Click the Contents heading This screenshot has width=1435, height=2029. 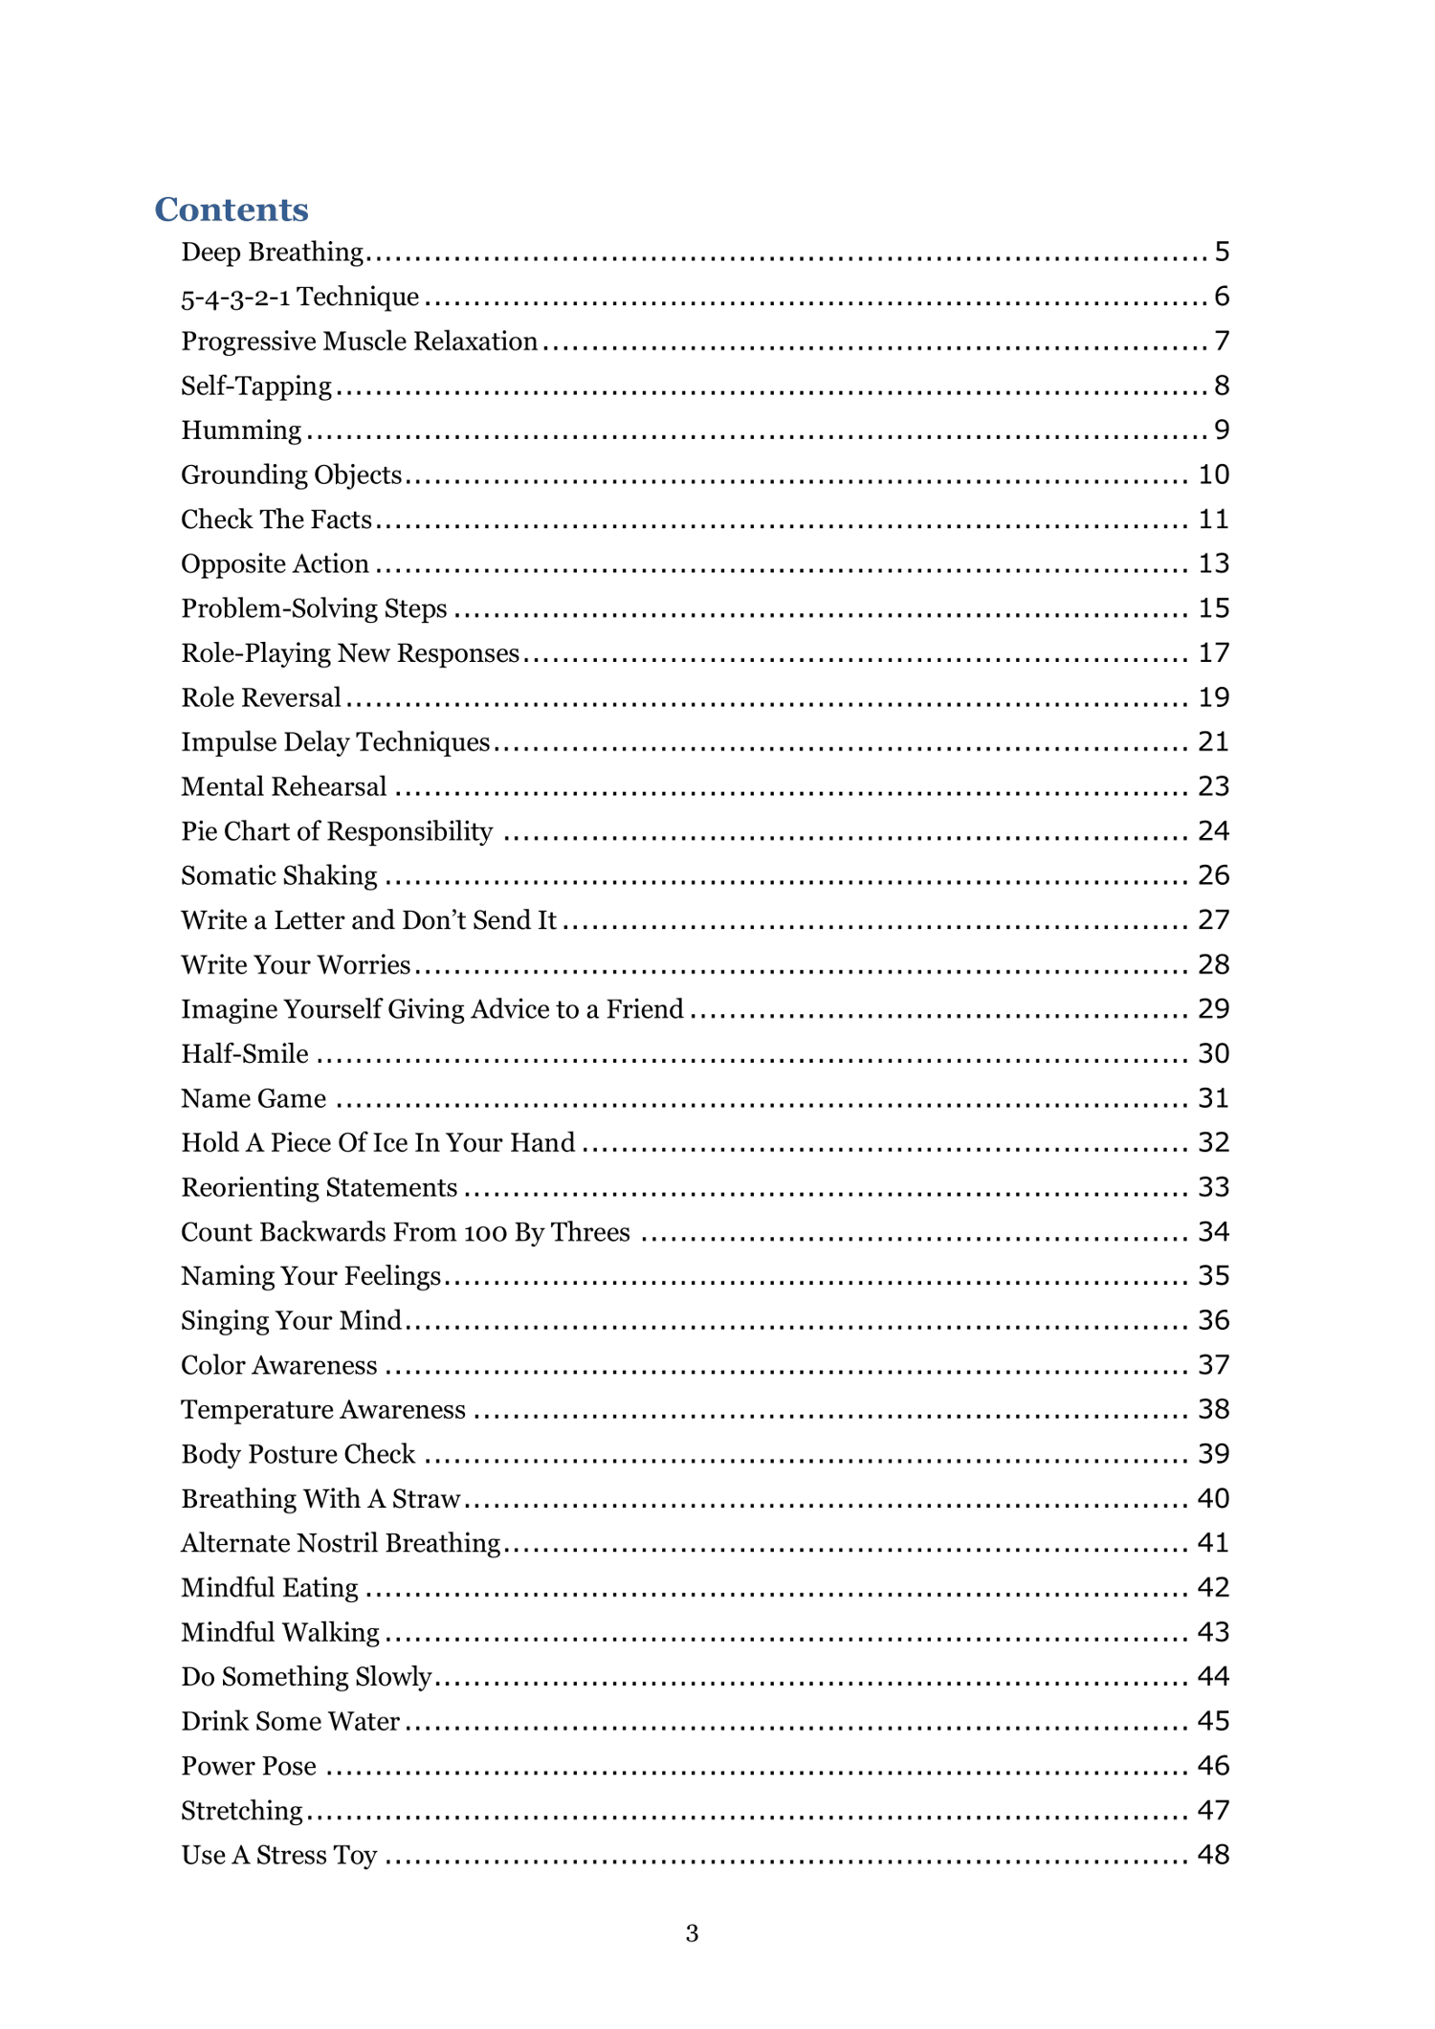click(232, 210)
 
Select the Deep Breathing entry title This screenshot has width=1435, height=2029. click(273, 252)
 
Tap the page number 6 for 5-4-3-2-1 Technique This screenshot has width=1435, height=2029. click(1222, 297)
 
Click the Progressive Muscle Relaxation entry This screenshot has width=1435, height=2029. click(359, 342)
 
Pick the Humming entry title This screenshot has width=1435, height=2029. click(241, 430)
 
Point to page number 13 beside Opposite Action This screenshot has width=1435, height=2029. click(1213, 563)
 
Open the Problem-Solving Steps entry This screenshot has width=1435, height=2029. click(314, 608)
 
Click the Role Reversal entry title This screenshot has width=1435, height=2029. click(261, 697)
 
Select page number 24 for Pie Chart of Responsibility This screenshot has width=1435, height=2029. click(1213, 830)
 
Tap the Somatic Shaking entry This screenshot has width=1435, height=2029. click(279, 875)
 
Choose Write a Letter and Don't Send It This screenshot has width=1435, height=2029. click(368, 920)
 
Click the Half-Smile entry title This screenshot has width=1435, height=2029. click(245, 1053)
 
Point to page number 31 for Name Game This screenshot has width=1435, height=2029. click(1213, 1098)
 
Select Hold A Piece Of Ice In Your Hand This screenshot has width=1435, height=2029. click(378, 1142)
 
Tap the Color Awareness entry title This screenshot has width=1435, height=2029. click(279, 1365)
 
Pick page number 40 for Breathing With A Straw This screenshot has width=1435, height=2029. click(1213, 1498)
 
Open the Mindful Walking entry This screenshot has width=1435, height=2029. click(280, 1632)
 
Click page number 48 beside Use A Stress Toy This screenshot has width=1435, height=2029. click(1213, 1855)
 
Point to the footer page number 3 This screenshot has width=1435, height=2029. click(692, 1933)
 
